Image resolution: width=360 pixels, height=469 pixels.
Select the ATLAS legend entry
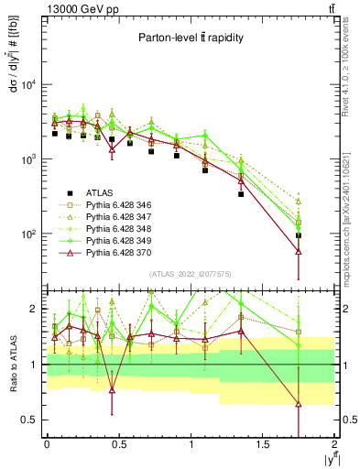pos(104,192)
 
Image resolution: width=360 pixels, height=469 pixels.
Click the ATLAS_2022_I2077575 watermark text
pos(189,273)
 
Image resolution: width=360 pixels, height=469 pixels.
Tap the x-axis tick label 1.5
pos(263,442)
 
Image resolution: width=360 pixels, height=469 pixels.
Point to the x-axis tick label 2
pos(335,442)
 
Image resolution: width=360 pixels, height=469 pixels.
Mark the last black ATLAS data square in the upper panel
pos(299,235)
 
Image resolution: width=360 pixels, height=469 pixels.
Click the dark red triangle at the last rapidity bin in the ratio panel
pos(299,404)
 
